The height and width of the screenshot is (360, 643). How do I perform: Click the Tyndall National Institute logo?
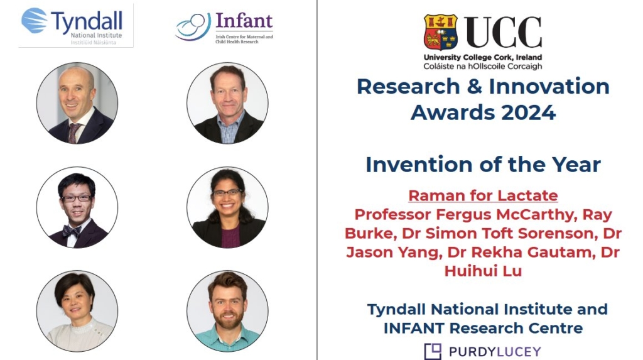pyautogui.click(x=76, y=26)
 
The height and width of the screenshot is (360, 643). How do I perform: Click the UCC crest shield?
pyautogui.click(x=441, y=32)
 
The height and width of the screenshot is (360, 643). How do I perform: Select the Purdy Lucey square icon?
pyautogui.click(x=433, y=351)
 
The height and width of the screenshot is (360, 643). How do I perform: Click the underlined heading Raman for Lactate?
pyautogui.click(x=483, y=195)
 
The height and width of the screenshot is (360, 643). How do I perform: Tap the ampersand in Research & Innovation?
pyautogui.click(x=475, y=87)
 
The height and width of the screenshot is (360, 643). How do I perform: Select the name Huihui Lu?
pyautogui.click(x=483, y=271)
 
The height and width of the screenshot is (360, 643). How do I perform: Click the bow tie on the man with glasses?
pyautogui.click(x=72, y=231)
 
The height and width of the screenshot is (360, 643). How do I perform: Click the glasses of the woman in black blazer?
pyautogui.click(x=227, y=192)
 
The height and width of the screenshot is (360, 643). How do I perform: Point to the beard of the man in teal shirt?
pyautogui.click(x=227, y=319)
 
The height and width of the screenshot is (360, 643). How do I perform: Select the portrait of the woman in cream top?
pyautogui.click(x=77, y=311)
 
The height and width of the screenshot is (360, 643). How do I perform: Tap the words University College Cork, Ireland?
pyautogui.click(x=483, y=57)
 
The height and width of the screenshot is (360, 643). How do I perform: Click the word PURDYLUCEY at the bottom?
pyautogui.click(x=495, y=352)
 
